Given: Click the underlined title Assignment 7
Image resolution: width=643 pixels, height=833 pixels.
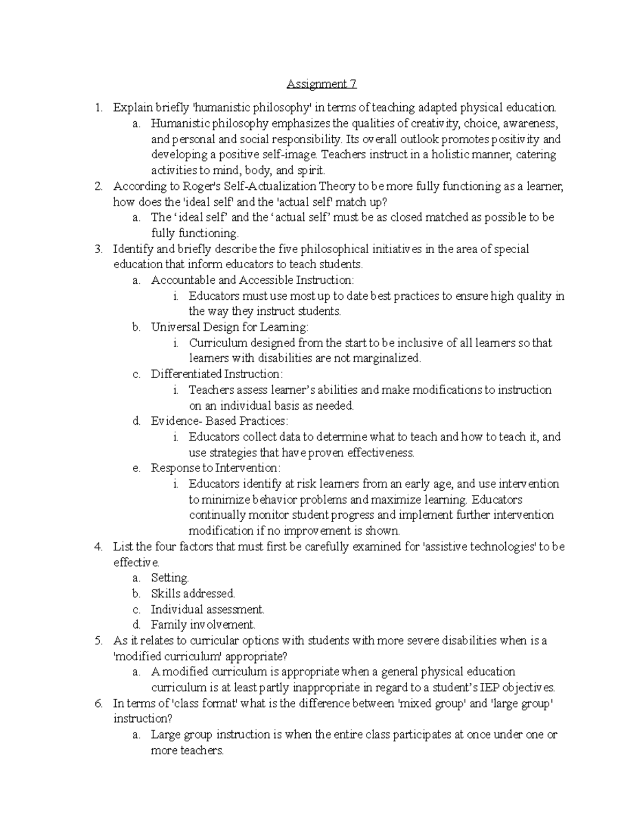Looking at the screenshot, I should click(x=322, y=84).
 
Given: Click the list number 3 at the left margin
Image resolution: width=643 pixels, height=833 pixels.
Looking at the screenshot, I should click(x=98, y=249).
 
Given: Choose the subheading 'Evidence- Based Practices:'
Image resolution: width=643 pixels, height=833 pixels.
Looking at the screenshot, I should click(x=220, y=421).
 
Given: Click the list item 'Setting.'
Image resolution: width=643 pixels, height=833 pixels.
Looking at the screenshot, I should click(x=170, y=578).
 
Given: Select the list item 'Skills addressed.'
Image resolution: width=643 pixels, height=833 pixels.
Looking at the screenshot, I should click(x=193, y=594).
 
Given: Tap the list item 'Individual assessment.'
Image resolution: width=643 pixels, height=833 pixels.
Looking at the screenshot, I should click(x=207, y=609).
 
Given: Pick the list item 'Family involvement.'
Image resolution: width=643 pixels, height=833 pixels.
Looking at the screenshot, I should click(x=203, y=625).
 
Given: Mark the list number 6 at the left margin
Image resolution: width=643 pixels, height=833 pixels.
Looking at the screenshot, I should click(x=98, y=703).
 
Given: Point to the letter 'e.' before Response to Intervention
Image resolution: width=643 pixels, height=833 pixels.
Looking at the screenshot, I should click(x=136, y=468).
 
